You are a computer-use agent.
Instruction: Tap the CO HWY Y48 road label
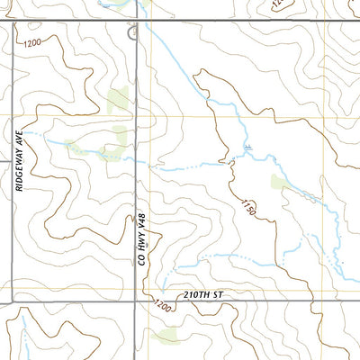pyautogui.click(x=141, y=238)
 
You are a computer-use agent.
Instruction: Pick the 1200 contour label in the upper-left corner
pyautogui.click(x=33, y=42)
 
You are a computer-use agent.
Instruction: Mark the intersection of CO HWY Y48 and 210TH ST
pyautogui.click(x=136, y=301)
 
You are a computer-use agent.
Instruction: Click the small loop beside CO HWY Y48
pyautogui.click(x=133, y=33)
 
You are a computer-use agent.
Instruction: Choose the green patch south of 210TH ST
pyautogui.click(x=166, y=337)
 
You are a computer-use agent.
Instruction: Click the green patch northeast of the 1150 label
pyautogui.click(x=280, y=183)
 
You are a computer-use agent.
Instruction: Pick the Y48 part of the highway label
pyautogui.click(x=141, y=221)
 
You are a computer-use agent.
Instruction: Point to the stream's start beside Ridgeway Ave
pyautogui.click(x=27, y=133)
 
